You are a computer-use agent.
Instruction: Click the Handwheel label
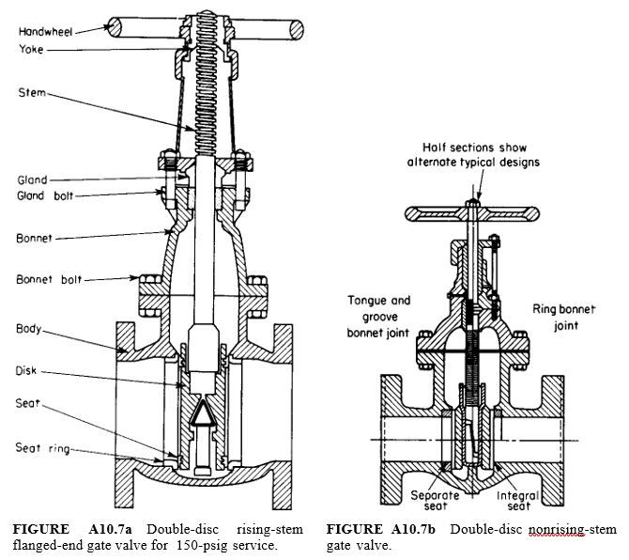(44, 31)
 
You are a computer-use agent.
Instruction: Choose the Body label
(28, 329)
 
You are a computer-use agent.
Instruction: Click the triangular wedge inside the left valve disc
(202, 417)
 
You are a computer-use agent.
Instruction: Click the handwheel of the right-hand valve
(477, 213)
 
